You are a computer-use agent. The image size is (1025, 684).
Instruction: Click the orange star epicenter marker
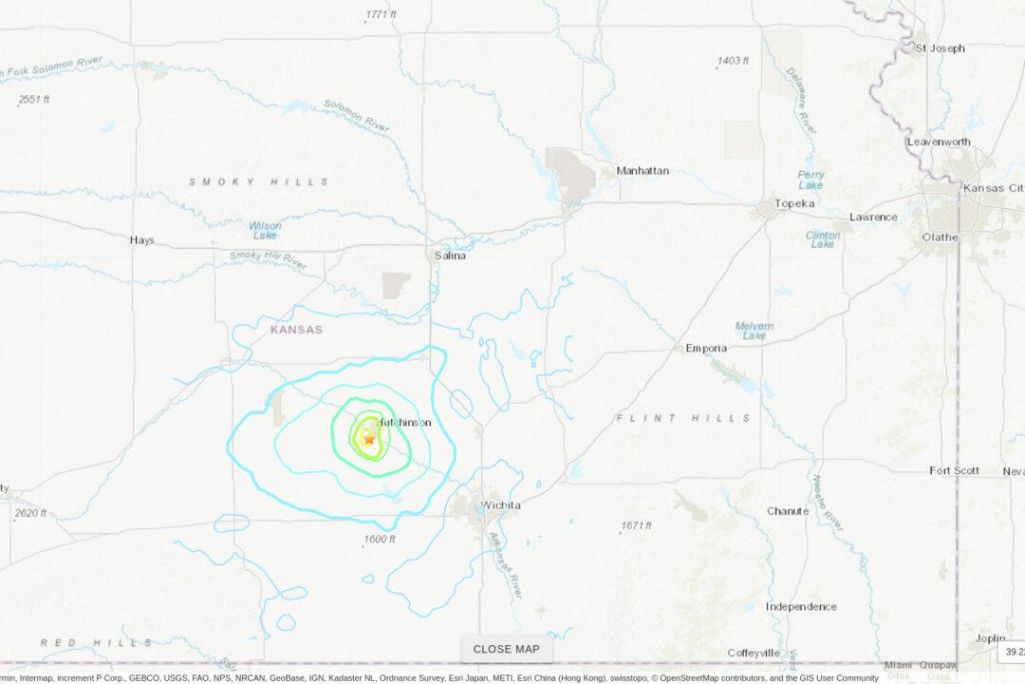[x=368, y=439]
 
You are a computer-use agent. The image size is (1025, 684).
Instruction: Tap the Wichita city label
[x=500, y=505]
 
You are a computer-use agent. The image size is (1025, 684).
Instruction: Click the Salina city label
[x=450, y=256]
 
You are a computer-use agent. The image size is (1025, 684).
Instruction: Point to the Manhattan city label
[x=643, y=171]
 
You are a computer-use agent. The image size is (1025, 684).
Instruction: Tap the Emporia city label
[x=706, y=349]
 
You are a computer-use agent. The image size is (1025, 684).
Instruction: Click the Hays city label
[x=142, y=240]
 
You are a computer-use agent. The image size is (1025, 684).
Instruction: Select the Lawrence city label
[x=873, y=217]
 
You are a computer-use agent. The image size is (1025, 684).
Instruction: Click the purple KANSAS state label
[x=296, y=330]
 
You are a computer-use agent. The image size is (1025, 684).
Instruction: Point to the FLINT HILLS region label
[x=683, y=418]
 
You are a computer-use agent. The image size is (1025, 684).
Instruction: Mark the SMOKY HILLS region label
[x=259, y=181]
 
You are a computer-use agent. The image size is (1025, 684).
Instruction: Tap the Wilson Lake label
[x=265, y=231]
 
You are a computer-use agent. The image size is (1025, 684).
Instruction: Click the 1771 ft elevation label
[x=381, y=14]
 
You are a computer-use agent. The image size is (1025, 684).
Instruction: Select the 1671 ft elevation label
[x=637, y=525]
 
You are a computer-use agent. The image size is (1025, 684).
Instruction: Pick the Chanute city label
[x=788, y=511]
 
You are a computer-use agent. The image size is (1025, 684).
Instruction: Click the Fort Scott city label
[x=953, y=470]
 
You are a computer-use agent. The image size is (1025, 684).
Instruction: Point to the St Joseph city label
[x=940, y=47]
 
